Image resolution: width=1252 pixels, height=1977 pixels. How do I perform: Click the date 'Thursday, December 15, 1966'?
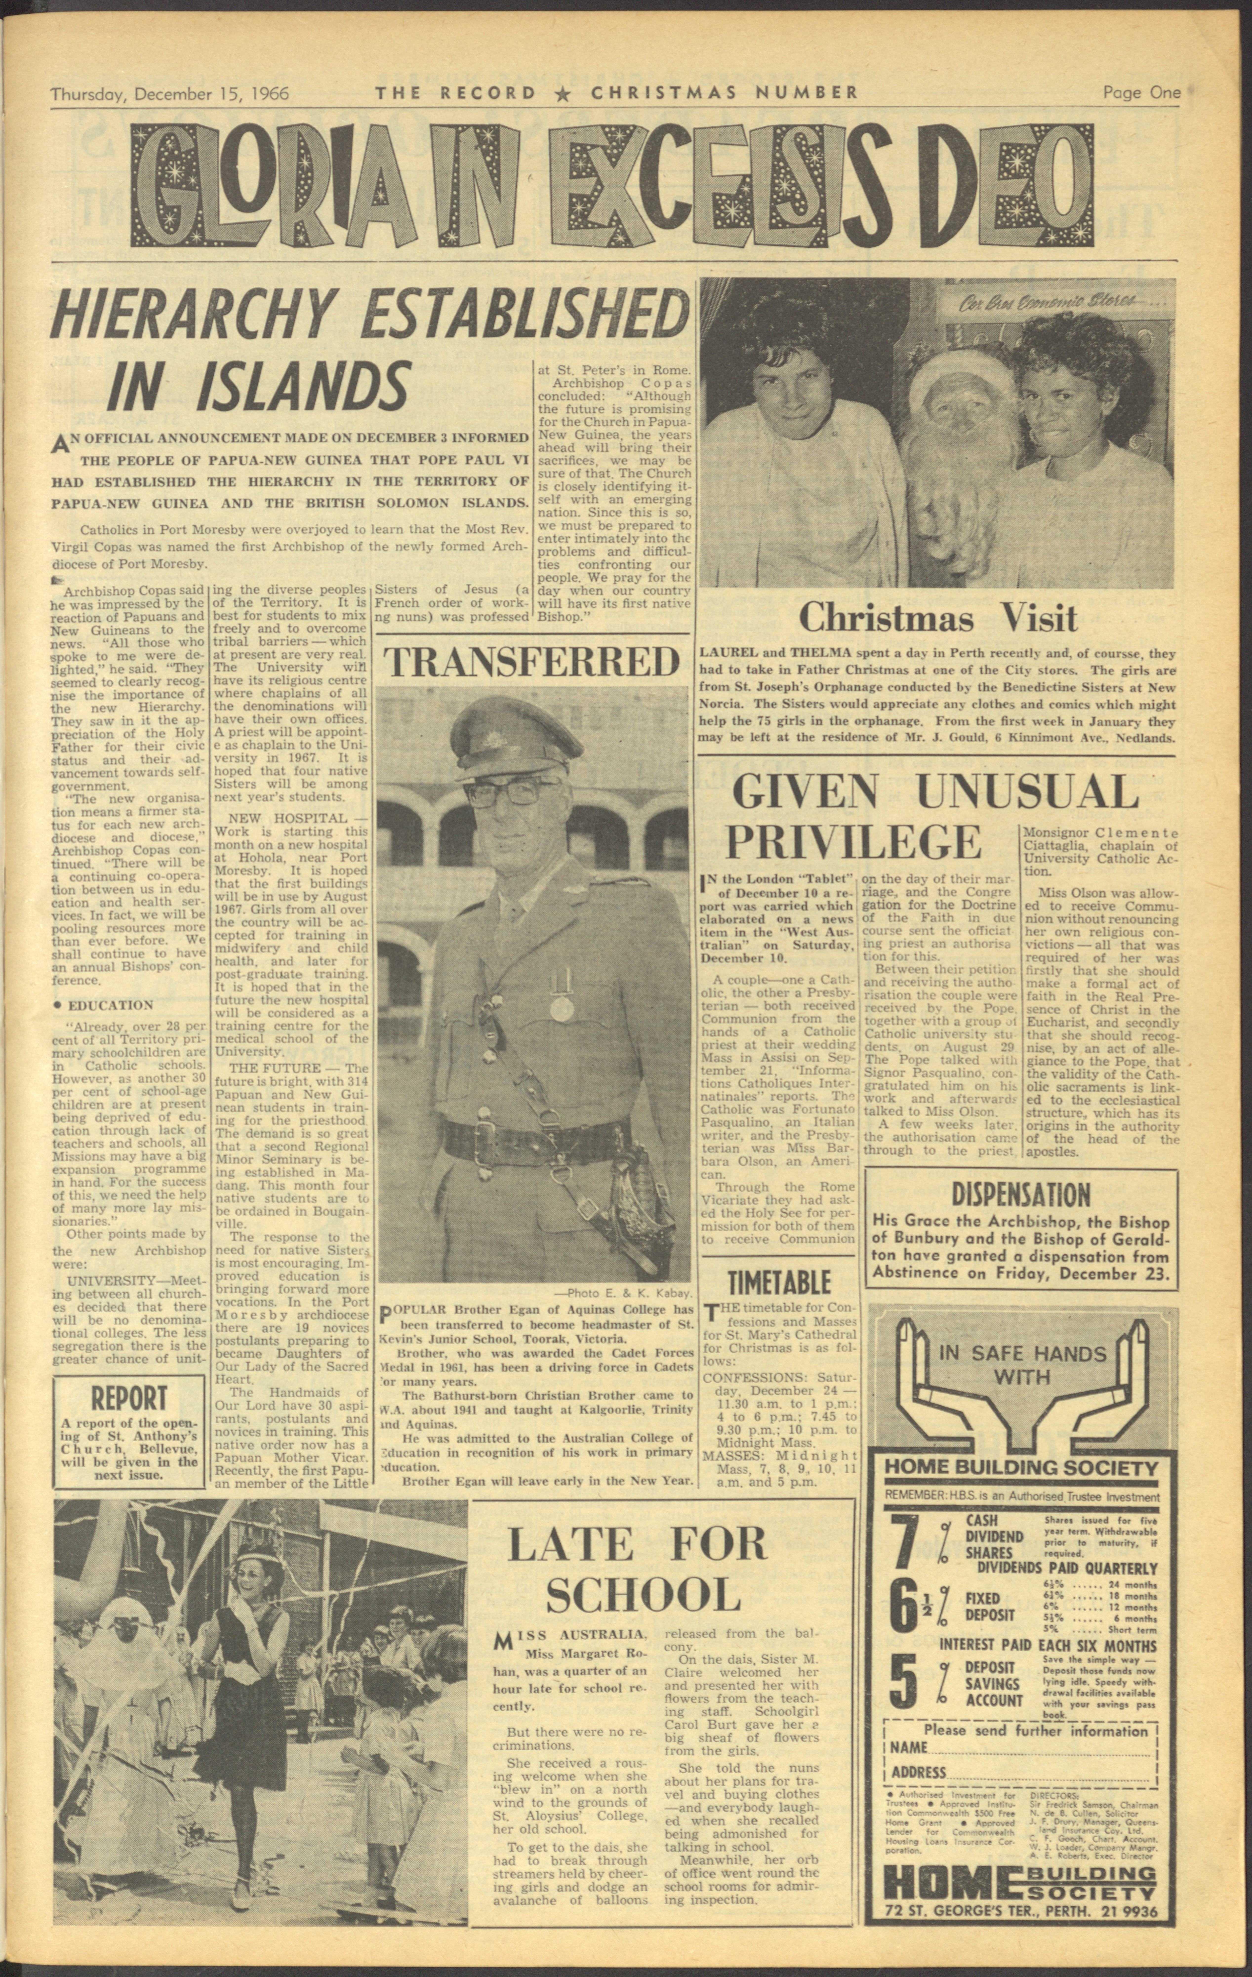point(170,93)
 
